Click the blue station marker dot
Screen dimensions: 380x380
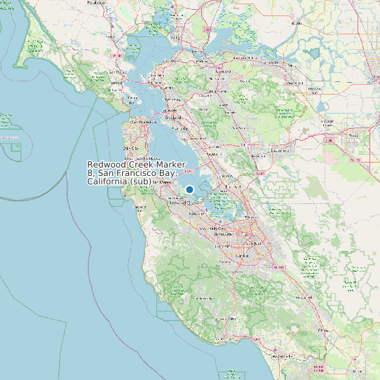pyautogui.click(x=189, y=189)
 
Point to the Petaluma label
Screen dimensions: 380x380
pyautogui.click(x=97, y=3)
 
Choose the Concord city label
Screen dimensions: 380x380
pyautogui.click(x=222, y=71)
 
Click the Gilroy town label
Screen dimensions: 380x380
pyautogui.click(x=323, y=330)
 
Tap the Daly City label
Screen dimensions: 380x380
pyautogui.click(x=130, y=149)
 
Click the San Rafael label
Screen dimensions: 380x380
pyautogui.click(x=117, y=72)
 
